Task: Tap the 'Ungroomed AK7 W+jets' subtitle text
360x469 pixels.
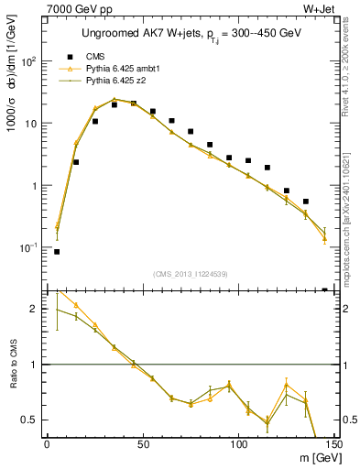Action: click(138, 33)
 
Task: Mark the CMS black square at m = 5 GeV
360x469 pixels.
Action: click(57, 251)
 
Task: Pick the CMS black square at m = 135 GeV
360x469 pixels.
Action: click(306, 202)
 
